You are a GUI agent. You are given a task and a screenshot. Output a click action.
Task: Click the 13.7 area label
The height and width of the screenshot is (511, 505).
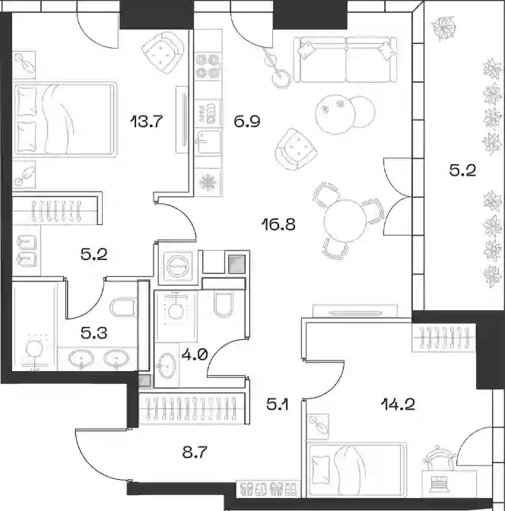146,122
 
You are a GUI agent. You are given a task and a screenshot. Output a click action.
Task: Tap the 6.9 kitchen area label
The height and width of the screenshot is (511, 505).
246,122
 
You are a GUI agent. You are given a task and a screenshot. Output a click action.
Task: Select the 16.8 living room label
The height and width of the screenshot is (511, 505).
279,224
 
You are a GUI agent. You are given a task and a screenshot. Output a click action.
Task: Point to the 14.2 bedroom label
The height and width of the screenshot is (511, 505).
398,405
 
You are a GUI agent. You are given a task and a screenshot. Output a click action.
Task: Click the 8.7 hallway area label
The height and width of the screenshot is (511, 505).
195,452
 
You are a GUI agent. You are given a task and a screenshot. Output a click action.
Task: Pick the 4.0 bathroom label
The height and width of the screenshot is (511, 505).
194,354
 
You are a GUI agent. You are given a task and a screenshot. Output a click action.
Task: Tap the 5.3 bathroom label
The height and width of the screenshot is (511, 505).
94,333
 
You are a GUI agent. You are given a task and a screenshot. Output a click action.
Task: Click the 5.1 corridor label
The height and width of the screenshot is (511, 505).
278,405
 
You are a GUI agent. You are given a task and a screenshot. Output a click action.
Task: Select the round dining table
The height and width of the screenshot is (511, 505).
345,221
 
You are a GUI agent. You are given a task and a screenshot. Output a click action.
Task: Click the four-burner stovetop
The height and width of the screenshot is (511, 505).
208,66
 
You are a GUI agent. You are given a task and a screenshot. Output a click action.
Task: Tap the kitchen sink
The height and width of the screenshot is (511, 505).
208,142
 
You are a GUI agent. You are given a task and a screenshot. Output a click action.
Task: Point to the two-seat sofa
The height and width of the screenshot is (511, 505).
345,59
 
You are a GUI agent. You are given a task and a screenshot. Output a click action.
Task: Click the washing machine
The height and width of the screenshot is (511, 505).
178,266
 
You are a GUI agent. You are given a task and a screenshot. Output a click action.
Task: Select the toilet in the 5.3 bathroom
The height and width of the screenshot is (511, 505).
123,306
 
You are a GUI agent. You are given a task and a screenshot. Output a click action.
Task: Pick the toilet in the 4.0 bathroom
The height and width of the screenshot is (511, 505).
224,303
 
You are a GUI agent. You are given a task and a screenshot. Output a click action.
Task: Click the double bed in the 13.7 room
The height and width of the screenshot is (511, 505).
65,119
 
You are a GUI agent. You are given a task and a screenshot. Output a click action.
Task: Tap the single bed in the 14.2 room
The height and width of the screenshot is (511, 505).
357,468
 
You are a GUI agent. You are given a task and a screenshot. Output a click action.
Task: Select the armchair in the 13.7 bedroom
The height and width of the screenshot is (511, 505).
163,52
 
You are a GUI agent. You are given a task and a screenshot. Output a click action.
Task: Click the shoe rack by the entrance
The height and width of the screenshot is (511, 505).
268,488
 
